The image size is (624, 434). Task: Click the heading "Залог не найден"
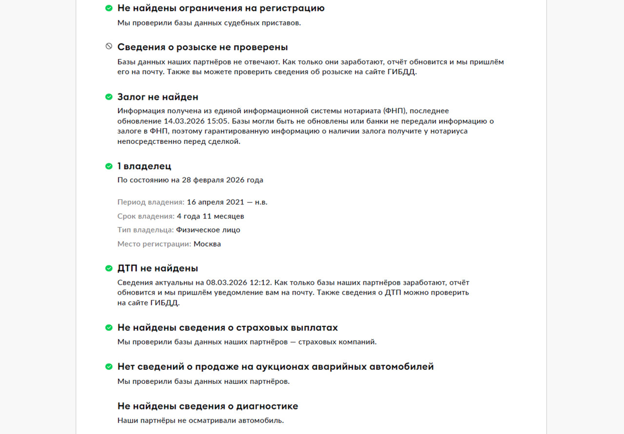click(x=157, y=97)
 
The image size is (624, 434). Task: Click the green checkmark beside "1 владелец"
click(x=109, y=166)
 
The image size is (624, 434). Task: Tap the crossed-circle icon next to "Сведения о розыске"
click(x=109, y=46)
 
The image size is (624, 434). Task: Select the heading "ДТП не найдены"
click(x=157, y=268)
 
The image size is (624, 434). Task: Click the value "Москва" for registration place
click(x=207, y=244)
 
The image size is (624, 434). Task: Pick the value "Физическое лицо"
click(x=208, y=230)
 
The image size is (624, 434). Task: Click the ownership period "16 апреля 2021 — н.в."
click(x=227, y=202)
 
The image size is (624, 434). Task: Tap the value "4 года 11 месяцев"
click(x=211, y=216)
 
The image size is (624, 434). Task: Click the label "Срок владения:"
click(x=146, y=216)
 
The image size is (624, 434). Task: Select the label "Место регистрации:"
click(x=154, y=244)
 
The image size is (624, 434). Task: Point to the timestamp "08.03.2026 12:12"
click(x=239, y=282)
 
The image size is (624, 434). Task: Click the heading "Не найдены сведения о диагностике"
click(x=208, y=406)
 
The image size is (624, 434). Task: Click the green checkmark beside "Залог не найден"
click(x=109, y=97)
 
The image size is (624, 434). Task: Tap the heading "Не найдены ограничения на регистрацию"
click(x=221, y=8)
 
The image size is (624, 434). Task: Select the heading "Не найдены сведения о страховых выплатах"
click(x=228, y=327)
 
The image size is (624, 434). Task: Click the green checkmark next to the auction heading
click(x=109, y=367)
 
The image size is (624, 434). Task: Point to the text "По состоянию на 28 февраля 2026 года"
click(x=190, y=180)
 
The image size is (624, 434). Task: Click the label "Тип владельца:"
click(x=145, y=230)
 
